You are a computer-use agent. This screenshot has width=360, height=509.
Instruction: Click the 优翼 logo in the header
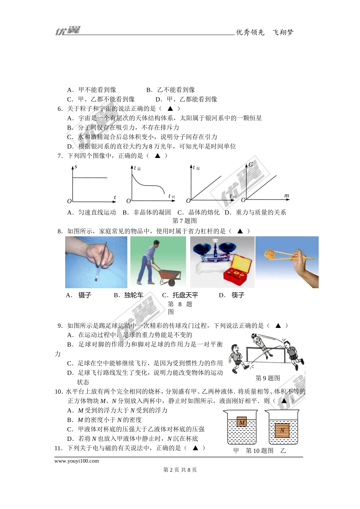68,31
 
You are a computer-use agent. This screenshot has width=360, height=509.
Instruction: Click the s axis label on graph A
76,167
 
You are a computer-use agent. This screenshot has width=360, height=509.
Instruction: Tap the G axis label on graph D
250,165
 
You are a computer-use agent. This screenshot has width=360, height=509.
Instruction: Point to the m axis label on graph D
286,195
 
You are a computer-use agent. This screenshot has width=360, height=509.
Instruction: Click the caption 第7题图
185,221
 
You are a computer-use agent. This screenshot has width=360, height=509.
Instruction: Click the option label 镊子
85,295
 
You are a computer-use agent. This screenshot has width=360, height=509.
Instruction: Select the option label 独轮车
134,295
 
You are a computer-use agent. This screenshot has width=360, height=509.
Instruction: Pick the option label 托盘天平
185,295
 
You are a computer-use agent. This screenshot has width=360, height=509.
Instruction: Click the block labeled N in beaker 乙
282,431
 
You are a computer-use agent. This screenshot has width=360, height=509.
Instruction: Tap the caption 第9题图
268,378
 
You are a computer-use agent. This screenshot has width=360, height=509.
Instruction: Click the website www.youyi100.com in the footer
77,461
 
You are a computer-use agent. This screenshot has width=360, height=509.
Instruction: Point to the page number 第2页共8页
180,470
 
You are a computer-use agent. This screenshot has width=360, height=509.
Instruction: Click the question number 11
58,448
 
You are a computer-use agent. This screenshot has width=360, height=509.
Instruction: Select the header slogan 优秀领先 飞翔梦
265,33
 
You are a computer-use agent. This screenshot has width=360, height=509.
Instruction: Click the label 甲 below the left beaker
236,451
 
